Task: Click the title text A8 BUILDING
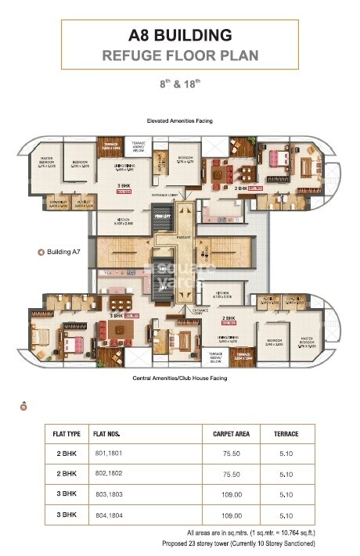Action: tap(180, 35)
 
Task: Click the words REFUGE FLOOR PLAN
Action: tap(180, 56)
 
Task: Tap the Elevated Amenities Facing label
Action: tap(180, 121)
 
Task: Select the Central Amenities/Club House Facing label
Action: tap(180, 377)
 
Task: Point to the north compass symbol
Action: tap(23, 405)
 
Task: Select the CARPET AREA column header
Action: tap(231, 434)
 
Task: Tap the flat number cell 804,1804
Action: tap(109, 515)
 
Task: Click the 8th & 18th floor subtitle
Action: tap(180, 82)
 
